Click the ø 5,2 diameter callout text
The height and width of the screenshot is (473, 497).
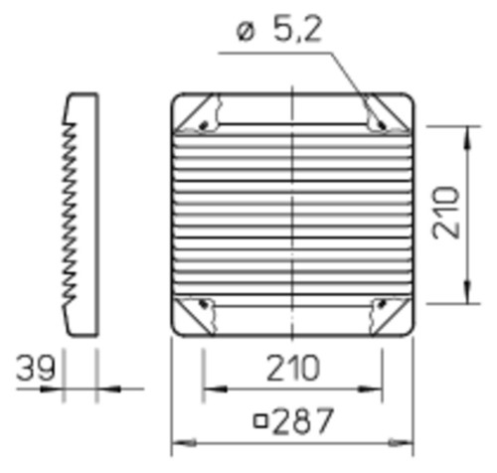coord(279,31)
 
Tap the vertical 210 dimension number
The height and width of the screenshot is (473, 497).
coord(446,213)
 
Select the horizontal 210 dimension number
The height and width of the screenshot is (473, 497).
coord(293,368)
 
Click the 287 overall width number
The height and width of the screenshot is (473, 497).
coord(302,420)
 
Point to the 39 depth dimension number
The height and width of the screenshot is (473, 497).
coord(35,368)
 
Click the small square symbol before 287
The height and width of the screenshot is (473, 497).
coord(260,421)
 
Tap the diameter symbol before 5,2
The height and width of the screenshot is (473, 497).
coord(246,33)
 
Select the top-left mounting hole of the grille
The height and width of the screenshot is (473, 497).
coord(204,125)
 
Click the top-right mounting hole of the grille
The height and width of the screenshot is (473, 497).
coord(382,125)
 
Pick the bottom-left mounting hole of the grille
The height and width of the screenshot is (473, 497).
coord(204,303)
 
